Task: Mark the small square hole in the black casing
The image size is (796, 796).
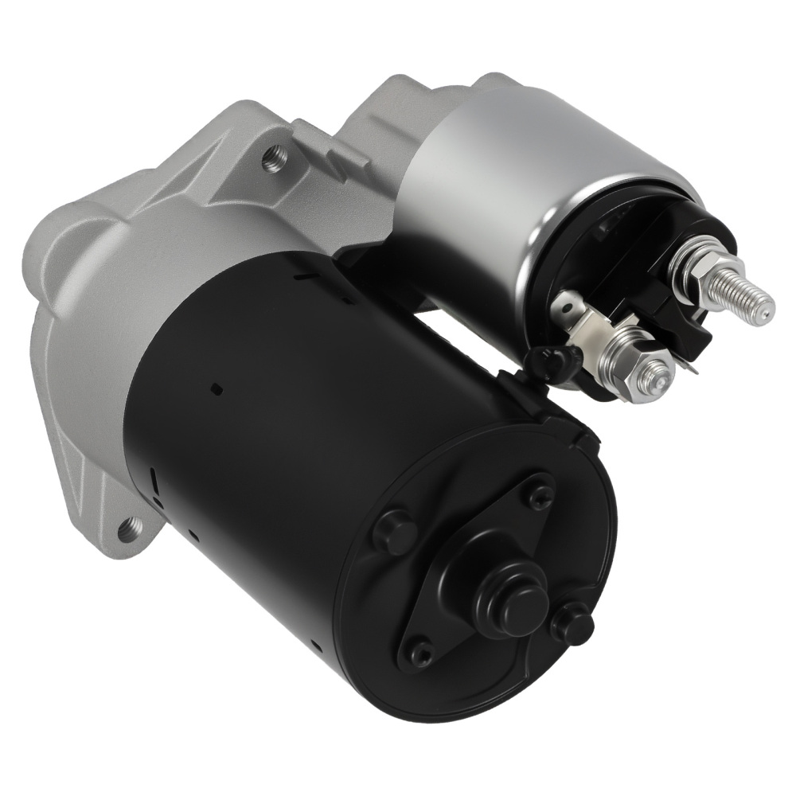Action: [x=217, y=388]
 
